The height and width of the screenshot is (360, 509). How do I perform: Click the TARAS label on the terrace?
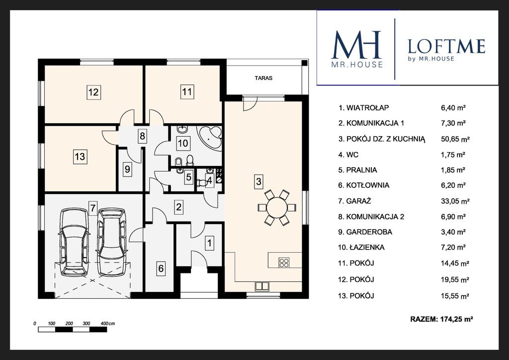(x=263, y=78)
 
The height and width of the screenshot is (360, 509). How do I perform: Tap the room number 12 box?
(x=93, y=92)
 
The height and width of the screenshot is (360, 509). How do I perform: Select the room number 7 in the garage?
(x=93, y=207)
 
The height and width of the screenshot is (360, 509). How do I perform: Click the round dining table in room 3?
(x=277, y=207)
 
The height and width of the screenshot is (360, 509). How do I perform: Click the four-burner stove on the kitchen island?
(x=284, y=262)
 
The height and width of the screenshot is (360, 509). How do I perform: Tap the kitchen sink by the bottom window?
(x=262, y=286)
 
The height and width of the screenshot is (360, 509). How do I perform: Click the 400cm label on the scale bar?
(x=108, y=324)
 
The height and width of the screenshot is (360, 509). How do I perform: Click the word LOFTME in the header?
(x=446, y=46)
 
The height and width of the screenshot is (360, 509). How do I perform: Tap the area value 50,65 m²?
(x=455, y=139)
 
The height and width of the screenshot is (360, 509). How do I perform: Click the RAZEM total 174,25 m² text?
(x=441, y=319)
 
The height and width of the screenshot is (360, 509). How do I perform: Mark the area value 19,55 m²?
(x=455, y=279)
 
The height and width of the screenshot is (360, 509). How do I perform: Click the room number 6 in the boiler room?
(x=161, y=269)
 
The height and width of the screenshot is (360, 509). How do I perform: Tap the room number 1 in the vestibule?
(x=210, y=243)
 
